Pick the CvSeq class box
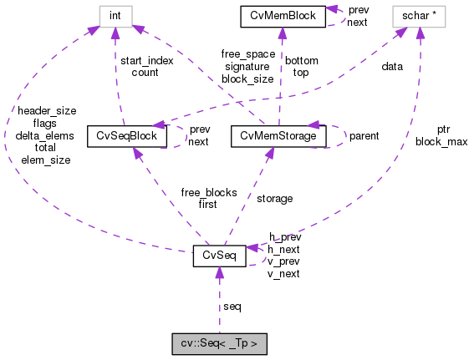click(x=219, y=256)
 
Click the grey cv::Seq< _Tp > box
click(x=220, y=342)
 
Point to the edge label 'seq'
click(x=232, y=307)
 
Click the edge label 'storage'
click(x=275, y=199)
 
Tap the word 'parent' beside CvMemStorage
click(x=364, y=135)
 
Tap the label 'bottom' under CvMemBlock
click(x=301, y=61)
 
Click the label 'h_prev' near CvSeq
click(x=284, y=237)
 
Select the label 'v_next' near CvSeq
click(x=283, y=273)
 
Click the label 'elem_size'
click(x=46, y=160)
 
